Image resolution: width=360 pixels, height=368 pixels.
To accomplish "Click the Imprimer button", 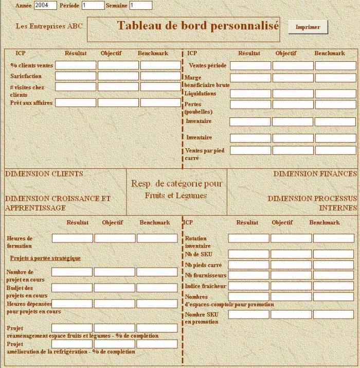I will pos(308,27).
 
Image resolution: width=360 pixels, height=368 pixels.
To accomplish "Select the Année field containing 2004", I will pos(46,5).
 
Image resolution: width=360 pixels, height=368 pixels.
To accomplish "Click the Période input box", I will pos(93,5).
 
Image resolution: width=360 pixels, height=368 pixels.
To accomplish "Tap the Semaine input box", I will pos(140,5).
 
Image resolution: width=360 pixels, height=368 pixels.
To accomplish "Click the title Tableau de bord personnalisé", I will pos(198,25).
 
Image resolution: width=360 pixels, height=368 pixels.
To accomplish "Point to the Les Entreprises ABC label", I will pos(49,25).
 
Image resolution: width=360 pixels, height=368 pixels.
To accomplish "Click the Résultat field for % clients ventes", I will pos(76,65).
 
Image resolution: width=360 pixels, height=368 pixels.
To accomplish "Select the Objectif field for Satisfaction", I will pos(118,76).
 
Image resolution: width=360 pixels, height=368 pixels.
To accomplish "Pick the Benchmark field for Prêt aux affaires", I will pos(160,102).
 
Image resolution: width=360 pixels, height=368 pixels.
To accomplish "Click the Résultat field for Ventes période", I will pos(250,65).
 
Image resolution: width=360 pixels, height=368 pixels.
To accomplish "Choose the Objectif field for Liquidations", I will pos(293,94).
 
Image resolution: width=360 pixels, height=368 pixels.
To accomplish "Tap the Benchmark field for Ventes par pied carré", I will pos(335,150).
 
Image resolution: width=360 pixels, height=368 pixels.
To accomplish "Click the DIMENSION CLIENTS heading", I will pos(44,174).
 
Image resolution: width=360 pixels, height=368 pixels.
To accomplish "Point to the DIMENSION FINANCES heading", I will pos(315,174).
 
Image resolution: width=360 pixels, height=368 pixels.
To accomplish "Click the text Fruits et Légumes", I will pos(176,196).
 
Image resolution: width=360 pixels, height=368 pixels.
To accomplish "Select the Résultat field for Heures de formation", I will pos(72,238).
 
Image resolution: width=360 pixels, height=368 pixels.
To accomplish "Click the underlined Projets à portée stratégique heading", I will pos(45,258).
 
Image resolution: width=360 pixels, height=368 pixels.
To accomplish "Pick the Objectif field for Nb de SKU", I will pos(291,254).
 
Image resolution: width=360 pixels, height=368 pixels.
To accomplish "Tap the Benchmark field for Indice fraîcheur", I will pos(334,286).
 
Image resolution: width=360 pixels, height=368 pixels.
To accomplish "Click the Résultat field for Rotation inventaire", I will pos(248,238).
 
